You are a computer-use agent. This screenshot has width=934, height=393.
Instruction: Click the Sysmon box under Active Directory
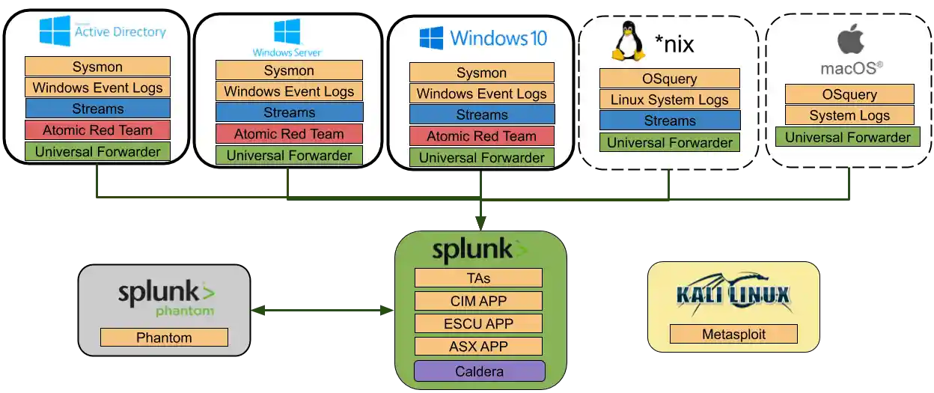(x=97, y=67)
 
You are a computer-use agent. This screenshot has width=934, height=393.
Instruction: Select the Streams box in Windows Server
(x=289, y=112)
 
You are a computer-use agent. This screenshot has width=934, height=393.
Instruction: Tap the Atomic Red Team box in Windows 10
(x=481, y=136)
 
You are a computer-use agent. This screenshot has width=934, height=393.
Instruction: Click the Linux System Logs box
(x=669, y=100)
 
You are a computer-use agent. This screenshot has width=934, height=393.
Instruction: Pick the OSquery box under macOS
(x=849, y=94)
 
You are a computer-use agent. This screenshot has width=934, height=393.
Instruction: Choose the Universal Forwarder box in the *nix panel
(x=669, y=142)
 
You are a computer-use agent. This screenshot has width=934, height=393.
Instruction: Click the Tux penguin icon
(x=629, y=41)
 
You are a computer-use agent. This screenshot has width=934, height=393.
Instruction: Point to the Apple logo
(x=850, y=37)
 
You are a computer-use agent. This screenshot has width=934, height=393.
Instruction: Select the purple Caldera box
(x=479, y=371)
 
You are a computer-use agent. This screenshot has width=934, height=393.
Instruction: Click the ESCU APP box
(x=478, y=324)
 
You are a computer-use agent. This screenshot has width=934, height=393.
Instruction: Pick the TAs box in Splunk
(x=478, y=278)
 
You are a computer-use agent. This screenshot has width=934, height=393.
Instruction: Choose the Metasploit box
(x=733, y=334)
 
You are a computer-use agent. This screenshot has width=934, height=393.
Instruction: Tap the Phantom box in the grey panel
(x=164, y=338)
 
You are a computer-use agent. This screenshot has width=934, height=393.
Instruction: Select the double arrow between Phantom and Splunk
(x=322, y=308)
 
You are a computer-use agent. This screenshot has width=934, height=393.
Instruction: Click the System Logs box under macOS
(x=849, y=115)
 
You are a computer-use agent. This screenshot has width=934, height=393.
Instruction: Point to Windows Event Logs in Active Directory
(x=97, y=88)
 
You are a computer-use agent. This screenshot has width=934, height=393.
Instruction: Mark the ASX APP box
(x=478, y=347)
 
